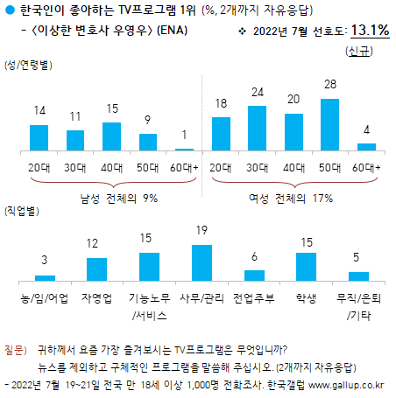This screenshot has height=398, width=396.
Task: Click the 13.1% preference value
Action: (370, 31)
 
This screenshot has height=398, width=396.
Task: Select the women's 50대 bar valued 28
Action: (330, 125)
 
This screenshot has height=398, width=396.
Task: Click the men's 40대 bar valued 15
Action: (111, 136)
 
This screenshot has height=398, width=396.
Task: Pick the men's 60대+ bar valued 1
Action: (184, 150)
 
